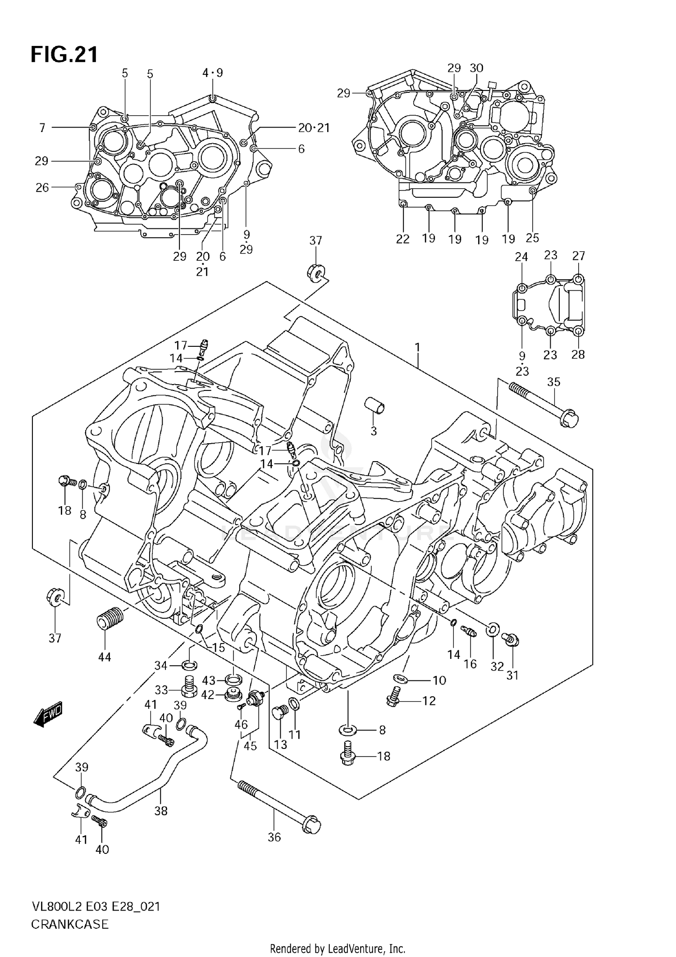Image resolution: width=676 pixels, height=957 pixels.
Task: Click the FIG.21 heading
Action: [64, 55]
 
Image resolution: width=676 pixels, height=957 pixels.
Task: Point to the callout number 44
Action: [105, 657]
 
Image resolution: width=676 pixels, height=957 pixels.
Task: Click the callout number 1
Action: [417, 348]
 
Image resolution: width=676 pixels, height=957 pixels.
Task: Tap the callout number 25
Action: [532, 238]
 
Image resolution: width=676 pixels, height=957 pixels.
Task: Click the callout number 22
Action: [402, 239]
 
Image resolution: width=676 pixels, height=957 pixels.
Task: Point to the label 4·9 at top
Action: [212, 73]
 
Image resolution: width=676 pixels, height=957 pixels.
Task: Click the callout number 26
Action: [42, 187]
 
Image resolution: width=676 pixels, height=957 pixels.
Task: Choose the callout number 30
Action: [476, 68]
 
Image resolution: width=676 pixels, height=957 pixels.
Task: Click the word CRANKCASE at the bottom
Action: [70, 925]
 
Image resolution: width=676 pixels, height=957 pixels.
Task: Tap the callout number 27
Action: [578, 256]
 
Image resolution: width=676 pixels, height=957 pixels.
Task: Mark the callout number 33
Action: [161, 690]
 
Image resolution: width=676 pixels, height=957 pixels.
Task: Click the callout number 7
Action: [42, 128]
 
